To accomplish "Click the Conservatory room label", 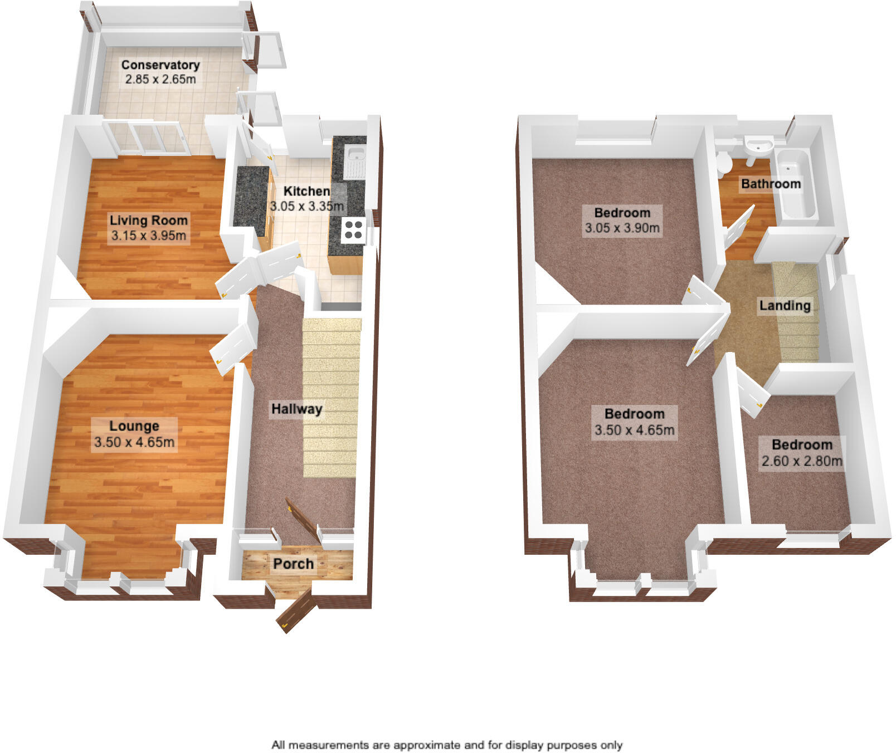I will (160, 65).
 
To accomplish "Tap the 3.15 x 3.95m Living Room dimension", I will (149, 236).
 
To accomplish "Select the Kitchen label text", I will (306, 191).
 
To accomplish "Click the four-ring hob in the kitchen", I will (353, 230).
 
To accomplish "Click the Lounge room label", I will (134, 426).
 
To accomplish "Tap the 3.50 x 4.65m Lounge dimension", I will (134, 443).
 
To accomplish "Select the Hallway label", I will (296, 409).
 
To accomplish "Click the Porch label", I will (293, 564).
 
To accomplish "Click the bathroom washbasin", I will (758, 146).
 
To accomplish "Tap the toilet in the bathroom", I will (724, 162).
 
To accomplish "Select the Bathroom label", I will (771, 184).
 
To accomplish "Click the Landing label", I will (785, 305).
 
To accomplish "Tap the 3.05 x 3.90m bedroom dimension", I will (622, 228).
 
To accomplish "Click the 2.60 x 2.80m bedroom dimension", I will (802, 461).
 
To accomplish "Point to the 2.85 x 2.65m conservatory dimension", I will (160, 79).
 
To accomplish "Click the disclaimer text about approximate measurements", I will (447, 745).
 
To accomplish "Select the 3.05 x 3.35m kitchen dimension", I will (306, 206).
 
